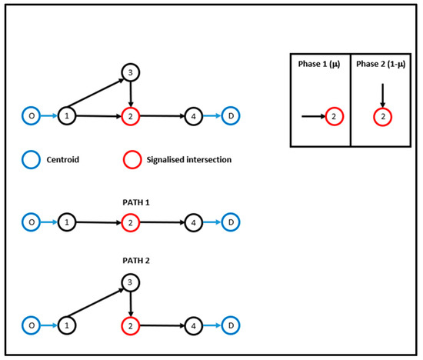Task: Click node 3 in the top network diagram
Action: (x=132, y=73)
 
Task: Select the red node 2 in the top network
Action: (x=132, y=116)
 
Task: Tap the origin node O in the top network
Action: (x=31, y=116)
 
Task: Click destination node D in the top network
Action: (x=231, y=116)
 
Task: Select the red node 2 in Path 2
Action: (x=132, y=325)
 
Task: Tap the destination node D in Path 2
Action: (x=231, y=325)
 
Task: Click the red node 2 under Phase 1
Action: (x=332, y=116)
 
